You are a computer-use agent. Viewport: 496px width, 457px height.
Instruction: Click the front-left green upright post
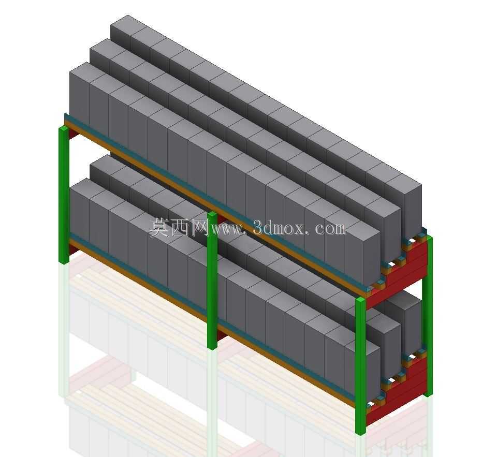[64, 195]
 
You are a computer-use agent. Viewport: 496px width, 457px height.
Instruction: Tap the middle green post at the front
[213, 280]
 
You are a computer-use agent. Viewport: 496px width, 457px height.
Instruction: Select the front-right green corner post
[361, 365]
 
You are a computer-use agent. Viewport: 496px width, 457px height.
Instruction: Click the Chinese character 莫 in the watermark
[159, 227]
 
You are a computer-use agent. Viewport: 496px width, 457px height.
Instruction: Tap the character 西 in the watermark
[179, 227]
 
